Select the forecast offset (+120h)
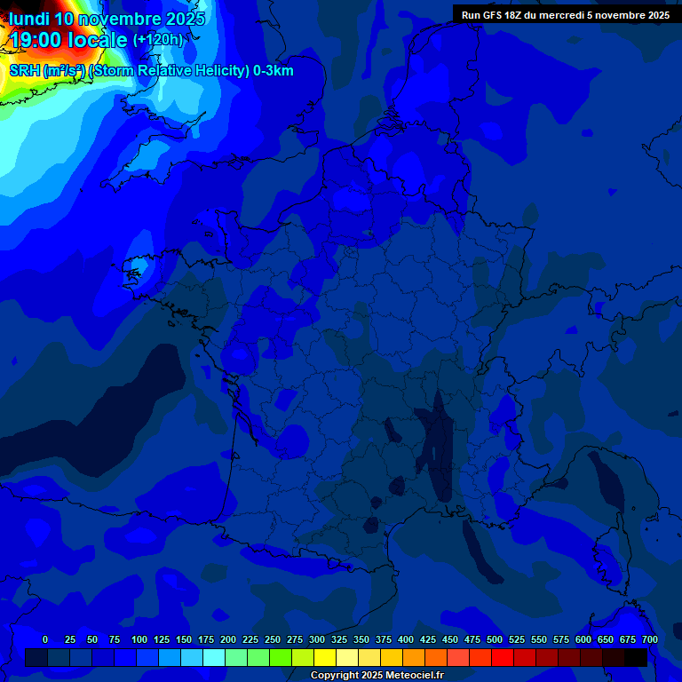click(157, 40)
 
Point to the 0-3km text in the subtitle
click(273, 71)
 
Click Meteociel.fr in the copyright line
click(416, 676)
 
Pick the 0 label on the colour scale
click(45, 639)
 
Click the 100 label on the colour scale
click(139, 639)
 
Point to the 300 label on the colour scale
click(317, 639)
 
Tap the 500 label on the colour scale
click(495, 639)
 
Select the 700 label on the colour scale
click(650, 639)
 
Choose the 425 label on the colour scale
click(428, 639)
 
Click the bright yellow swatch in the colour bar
click(325, 657)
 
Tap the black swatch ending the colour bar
click(636, 657)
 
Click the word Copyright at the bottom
click(335, 676)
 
